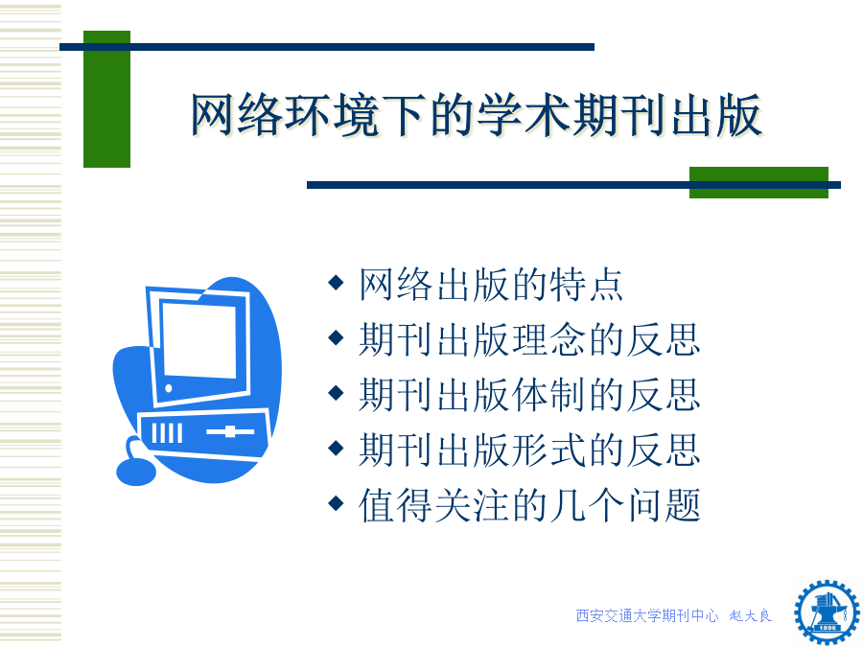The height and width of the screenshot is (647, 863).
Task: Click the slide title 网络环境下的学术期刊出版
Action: pyautogui.click(x=476, y=114)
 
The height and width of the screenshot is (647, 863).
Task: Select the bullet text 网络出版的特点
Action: pyautogui.click(x=490, y=285)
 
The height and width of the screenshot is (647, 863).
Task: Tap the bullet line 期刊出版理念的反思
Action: pyautogui.click(x=529, y=339)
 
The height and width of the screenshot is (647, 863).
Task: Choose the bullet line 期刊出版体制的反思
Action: pyautogui.click(x=529, y=395)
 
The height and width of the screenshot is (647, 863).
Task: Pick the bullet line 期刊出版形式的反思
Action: pyautogui.click(x=529, y=450)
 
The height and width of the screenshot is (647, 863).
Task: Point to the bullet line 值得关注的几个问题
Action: pyautogui.click(x=529, y=505)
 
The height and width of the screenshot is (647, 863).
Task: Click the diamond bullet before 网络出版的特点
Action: pyautogui.click(x=336, y=283)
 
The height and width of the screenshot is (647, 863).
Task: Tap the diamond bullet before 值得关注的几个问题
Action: pyautogui.click(x=336, y=503)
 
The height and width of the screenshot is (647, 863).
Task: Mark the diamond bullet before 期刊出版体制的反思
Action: pyautogui.click(x=336, y=393)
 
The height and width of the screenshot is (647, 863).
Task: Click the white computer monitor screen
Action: pyautogui.click(x=199, y=340)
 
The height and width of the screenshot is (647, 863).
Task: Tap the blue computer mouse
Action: pyautogui.click(x=136, y=472)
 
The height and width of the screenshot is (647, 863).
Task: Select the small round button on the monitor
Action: pyautogui.click(x=169, y=388)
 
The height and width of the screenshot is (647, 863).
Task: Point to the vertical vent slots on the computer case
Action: pyautogui.click(x=167, y=433)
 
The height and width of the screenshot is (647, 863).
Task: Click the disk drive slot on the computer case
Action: pyautogui.click(x=230, y=432)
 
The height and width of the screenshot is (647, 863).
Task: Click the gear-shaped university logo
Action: pyautogui.click(x=827, y=612)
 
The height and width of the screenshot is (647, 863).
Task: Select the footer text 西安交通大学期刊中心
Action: pyautogui.click(x=646, y=615)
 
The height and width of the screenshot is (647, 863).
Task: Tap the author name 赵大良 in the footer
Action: pyautogui.click(x=751, y=615)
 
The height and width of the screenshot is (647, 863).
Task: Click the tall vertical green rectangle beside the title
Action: pyautogui.click(x=106, y=99)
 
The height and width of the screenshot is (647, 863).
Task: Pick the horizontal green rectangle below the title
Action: pyautogui.click(x=758, y=183)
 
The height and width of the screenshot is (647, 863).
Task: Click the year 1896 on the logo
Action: pyautogui.click(x=828, y=628)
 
